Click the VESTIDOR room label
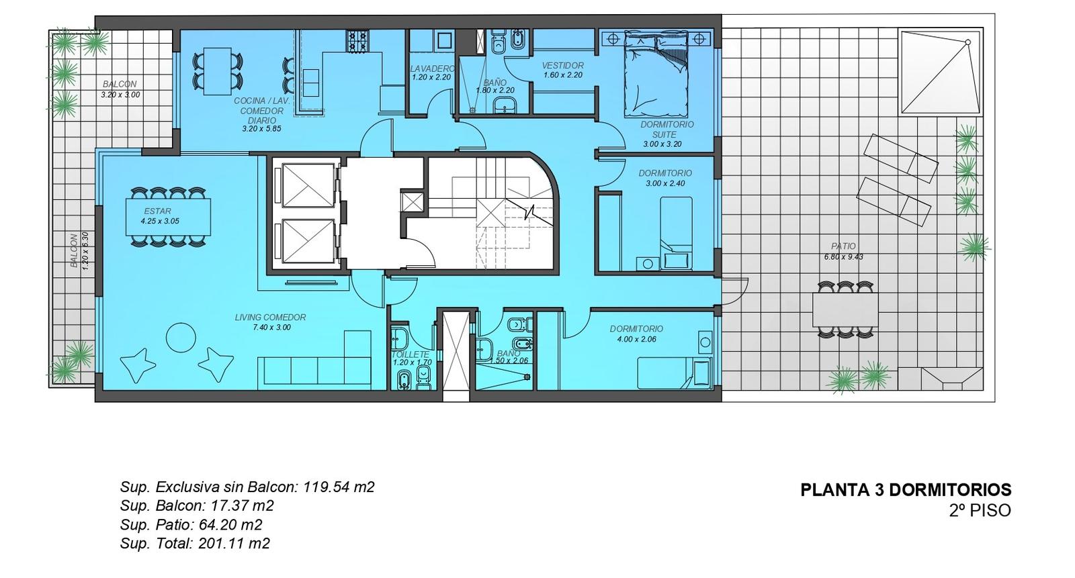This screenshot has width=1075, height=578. tap(562, 65)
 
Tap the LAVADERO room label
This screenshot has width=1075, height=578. tap(432, 69)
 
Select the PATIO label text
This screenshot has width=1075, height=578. tap(843, 246)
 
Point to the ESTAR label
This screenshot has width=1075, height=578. tap(157, 211)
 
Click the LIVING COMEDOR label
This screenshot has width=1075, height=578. tap(270, 317)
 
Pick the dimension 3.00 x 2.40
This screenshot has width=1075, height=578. tap(665, 183)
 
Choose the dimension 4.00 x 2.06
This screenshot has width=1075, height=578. tap(636, 339)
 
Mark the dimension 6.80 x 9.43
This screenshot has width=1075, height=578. tap(843, 256)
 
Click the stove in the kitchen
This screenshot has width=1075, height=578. tap(357, 40)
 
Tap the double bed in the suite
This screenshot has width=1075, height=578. tap(656, 75)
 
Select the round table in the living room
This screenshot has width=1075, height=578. tap(181, 338)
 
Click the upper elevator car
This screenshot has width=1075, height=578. tap(308, 186)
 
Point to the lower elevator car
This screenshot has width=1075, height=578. tap(308, 241)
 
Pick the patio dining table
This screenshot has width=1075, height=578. tap(845, 310)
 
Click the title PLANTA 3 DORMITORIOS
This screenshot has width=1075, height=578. tap(906, 490)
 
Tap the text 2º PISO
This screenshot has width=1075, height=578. tap(980, 510)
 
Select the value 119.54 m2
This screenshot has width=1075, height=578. tap(339, 487)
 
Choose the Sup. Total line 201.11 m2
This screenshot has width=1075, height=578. tap(195, 544)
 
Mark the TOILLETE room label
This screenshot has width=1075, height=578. tap(411, 354)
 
